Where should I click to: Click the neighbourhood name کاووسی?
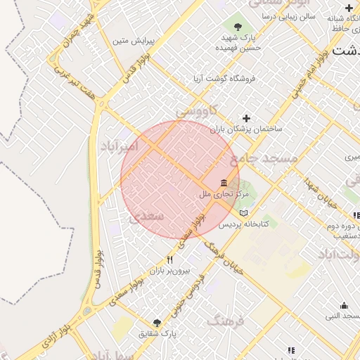[199, 110]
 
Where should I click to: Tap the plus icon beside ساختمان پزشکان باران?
[246, 118]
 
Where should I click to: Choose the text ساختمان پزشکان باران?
[246, 129]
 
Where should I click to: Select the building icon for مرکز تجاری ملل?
[224, 183]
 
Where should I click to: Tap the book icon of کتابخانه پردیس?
[244, 213]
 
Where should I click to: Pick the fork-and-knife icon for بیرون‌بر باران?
[169, 259]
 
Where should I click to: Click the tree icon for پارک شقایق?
[157, 323]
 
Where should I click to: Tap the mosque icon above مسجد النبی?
[344, 306]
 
